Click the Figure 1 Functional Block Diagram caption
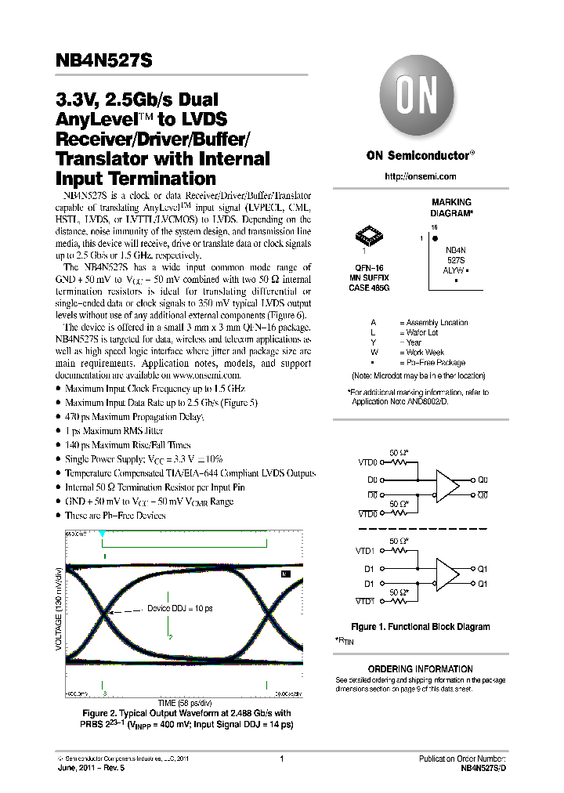click(420, 627)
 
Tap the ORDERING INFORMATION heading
click(420, 668)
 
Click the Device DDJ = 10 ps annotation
click(180, 608)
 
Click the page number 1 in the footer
click(280, 759)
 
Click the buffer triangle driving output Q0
click(447, 486)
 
